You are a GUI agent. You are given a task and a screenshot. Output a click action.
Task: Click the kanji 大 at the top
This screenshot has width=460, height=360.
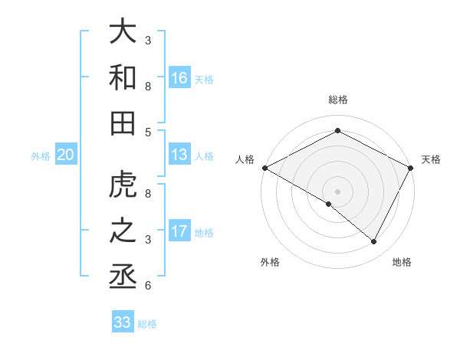123,32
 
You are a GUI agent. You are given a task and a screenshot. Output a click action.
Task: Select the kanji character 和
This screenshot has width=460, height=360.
123,77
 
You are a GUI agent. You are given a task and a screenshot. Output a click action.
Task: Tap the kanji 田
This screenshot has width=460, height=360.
123,123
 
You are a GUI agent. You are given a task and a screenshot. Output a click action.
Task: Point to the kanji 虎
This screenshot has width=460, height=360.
123,185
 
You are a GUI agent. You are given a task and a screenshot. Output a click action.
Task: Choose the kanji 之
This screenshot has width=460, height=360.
123,231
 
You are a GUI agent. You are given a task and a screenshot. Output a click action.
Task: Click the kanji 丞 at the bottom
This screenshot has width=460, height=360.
123,276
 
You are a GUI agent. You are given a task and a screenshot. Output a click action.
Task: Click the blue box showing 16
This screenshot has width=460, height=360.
179,77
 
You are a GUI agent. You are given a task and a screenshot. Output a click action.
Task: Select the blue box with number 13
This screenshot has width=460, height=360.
179,155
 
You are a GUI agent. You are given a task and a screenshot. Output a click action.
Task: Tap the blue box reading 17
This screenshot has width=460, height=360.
179,231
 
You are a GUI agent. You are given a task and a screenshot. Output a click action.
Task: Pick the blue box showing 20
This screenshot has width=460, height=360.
65,155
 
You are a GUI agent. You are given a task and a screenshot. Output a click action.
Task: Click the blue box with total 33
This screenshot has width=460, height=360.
123,322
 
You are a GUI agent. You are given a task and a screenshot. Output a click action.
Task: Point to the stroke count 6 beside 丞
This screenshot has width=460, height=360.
147,286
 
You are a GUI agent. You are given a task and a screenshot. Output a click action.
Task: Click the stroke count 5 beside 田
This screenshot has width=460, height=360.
147,132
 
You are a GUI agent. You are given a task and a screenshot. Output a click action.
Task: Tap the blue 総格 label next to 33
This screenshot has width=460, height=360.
147,323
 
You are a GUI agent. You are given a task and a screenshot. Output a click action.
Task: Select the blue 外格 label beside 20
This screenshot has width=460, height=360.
41,156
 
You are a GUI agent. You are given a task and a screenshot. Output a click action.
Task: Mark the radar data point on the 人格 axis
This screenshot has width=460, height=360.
264,168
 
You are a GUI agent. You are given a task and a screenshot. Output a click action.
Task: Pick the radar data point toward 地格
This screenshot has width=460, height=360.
374,242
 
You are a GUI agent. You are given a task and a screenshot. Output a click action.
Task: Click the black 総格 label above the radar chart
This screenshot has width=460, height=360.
338,100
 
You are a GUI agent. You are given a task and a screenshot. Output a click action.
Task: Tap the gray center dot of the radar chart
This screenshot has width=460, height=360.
338,191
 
